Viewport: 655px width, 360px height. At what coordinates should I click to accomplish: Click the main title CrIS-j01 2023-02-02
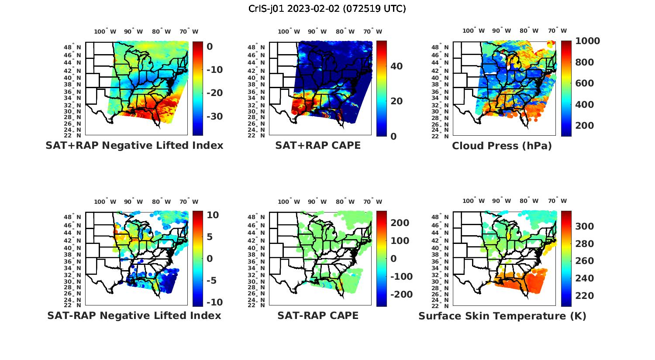tap(327, 8)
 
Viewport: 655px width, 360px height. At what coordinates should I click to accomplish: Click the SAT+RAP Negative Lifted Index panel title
tap(134, 145)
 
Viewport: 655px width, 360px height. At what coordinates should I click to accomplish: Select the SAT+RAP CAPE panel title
tap(318, 145)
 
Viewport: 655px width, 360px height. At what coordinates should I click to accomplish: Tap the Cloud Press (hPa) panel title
tap(502, 146)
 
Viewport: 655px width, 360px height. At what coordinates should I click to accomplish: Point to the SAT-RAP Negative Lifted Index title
tap(134, 315)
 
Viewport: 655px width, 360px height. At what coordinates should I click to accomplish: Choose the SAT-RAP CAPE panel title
tap(318, 315)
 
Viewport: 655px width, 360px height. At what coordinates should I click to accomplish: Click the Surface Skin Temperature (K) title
tap(502, 316)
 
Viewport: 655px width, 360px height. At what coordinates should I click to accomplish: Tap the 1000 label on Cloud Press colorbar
tap(587, 41)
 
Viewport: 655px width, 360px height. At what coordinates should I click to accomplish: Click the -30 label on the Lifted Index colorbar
tap(214, 116)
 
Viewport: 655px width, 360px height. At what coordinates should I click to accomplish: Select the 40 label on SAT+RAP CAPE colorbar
tap(396, 66)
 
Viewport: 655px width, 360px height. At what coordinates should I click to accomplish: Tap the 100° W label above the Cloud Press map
tap(474, 31)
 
